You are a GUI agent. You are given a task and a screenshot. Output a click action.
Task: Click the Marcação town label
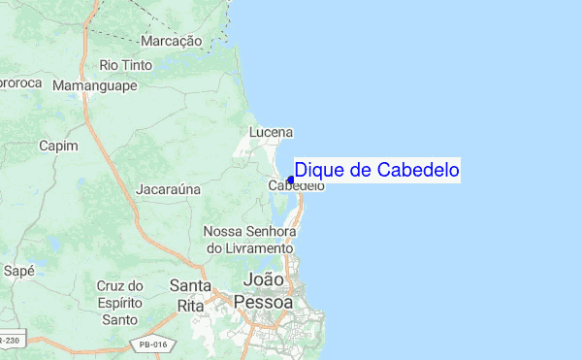pos(171,42)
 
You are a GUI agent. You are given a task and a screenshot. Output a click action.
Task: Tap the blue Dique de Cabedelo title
pos(376,171)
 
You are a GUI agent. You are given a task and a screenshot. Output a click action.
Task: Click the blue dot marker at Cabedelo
pos(290,180)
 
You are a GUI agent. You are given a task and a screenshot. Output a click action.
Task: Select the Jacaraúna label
pos(167,189)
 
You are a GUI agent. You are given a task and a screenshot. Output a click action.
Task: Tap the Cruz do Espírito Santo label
pos(120,303)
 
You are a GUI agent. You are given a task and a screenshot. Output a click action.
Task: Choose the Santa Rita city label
pos(191,295)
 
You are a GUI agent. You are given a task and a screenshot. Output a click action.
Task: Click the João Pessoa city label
pos(263,291)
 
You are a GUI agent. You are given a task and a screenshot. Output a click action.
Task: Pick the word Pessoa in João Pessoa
pos(263,303)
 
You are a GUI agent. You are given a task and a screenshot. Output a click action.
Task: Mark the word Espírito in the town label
pos(120,303)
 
